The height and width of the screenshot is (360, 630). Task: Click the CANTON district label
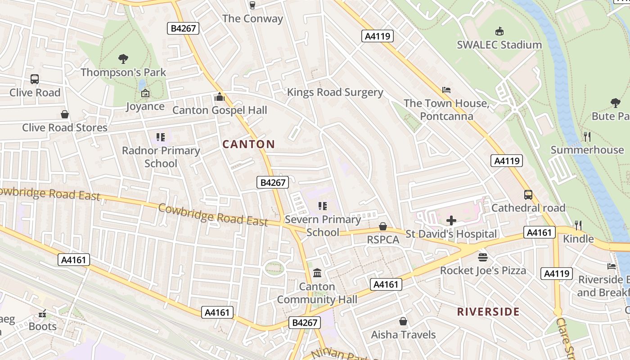248,144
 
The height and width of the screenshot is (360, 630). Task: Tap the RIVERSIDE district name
488,312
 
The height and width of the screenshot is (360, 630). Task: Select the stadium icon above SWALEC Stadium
499,31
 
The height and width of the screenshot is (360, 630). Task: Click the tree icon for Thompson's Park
123,58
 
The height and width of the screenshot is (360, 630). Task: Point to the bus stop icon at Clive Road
35,79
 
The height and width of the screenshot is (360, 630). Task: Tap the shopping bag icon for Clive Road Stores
65,114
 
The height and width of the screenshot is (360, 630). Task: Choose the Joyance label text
145,107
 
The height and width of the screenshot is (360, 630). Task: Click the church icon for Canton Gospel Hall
220,97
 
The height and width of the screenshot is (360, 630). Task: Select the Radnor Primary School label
161,157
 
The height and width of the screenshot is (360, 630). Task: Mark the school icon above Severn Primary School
323,206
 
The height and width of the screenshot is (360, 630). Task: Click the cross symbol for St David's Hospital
451,220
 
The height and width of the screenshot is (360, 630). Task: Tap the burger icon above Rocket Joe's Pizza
483,257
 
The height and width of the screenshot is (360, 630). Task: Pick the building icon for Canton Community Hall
317,273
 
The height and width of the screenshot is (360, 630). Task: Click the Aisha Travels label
403,335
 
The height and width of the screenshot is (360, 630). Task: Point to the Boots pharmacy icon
43,313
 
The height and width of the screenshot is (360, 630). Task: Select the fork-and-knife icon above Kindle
578,225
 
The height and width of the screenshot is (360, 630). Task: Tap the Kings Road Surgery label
335,92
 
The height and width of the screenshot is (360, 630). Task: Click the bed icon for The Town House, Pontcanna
446,90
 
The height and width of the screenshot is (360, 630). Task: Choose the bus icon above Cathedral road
528,195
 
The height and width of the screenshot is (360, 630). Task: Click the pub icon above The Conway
252,5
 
